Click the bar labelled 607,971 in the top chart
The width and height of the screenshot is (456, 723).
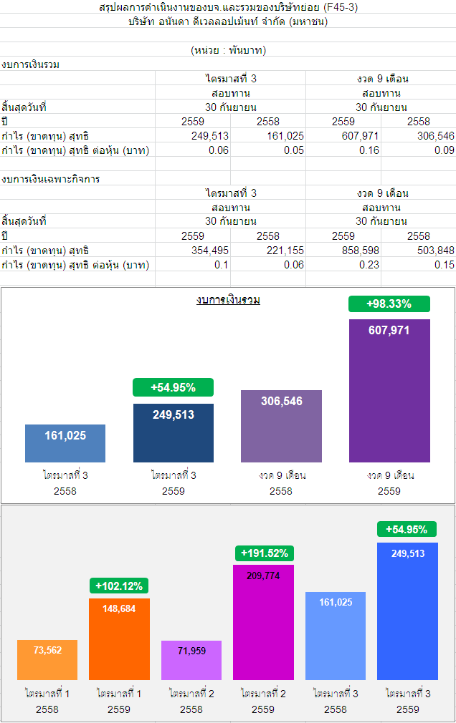389,390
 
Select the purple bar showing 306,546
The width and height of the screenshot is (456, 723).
281,426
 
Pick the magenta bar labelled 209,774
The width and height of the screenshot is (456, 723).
263,622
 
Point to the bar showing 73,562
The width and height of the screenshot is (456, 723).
47,659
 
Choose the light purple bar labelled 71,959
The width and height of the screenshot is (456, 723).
191,660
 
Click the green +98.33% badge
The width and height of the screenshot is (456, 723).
389,304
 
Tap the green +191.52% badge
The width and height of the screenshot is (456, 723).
265,553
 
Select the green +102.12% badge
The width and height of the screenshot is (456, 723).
119,586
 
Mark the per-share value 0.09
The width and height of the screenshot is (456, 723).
444,150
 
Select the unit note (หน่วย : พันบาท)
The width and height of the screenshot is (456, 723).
229,50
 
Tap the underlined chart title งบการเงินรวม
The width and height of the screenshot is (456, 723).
228,300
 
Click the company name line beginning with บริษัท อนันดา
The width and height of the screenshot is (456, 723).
228,21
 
